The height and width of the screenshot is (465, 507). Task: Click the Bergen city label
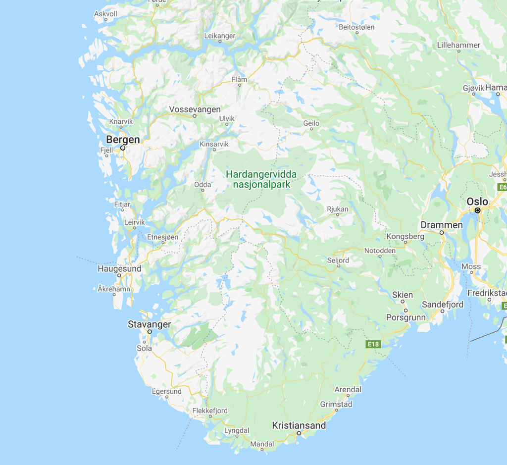pos(123,140)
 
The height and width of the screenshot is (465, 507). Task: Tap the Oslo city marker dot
pos(478,210)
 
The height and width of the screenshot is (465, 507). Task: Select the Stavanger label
pos(150,324)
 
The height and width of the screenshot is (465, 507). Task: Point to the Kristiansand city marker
pos(299,433)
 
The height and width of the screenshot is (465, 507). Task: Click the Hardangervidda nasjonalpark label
pos(261,180)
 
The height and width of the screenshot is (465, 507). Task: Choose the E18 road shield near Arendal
pos(374,344)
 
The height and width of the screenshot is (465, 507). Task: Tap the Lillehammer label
pos(458,45)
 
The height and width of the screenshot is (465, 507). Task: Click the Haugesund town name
pos(119,268)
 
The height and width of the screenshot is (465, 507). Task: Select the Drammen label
pos(442,225)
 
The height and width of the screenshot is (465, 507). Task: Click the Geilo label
pos(311,123)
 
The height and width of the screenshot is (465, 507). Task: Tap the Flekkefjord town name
pos(210,411)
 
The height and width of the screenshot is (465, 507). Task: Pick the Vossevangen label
pos(195,109)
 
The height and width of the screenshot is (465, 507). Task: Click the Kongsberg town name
pos(406,236)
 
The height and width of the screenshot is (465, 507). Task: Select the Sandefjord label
pos(443,305)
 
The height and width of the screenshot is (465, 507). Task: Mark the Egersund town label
pos(167,391)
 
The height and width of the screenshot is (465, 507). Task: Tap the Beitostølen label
pos(356,27)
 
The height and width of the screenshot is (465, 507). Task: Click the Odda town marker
pos(203,192)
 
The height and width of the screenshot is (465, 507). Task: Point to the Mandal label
pos(262,444)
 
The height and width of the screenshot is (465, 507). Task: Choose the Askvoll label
pos(105,14)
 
